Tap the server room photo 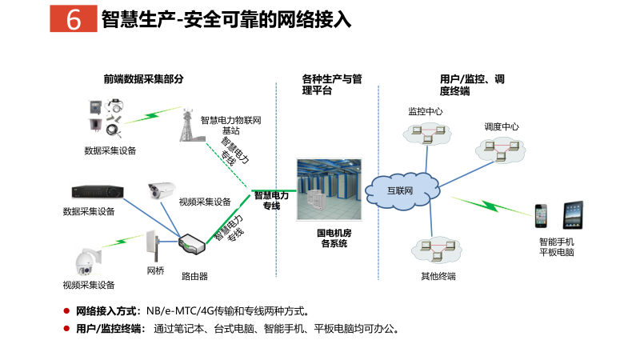tap(329, 188)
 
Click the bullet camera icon tap(161, 191)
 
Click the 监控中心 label tap(425, 111)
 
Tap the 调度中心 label tap(501, 126)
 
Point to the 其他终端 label tap(438, 276)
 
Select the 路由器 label tap(194, 276)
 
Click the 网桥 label tap(155, 270)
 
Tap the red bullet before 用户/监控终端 tap(66, 328)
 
